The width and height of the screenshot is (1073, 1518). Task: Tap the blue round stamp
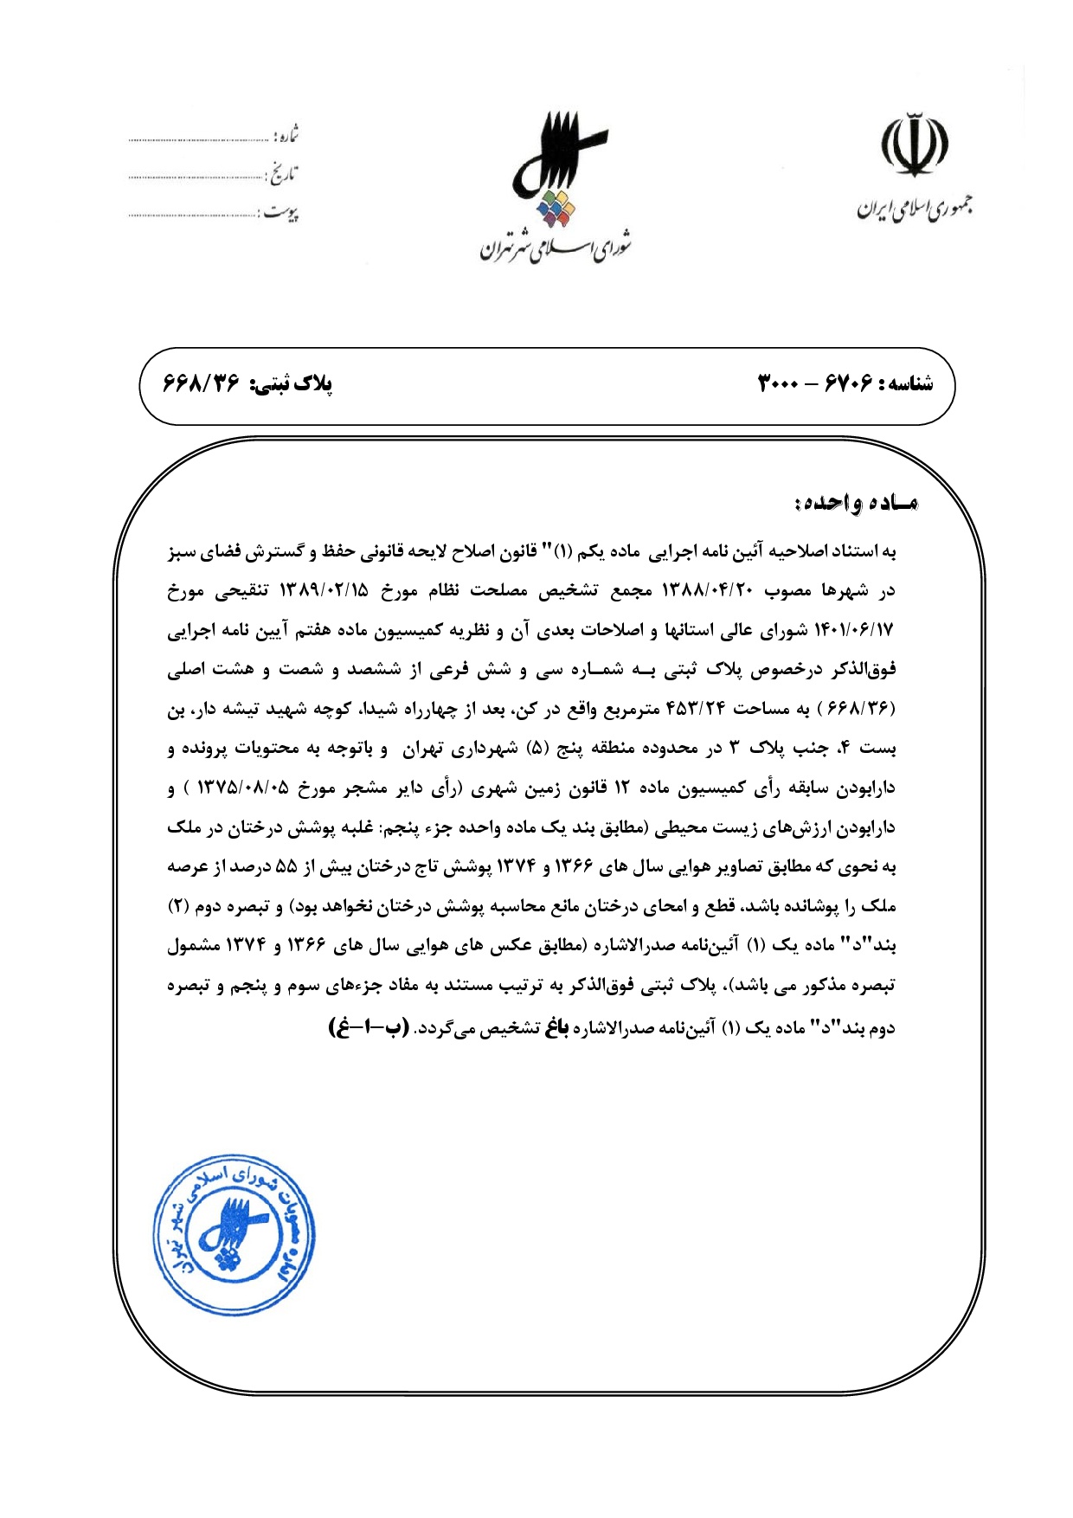click(235, 1235)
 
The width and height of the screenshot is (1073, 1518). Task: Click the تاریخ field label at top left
click(280, 174)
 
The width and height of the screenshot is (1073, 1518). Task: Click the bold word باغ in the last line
click(555, 1027)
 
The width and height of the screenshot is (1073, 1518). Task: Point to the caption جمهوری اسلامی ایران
click(914, 209)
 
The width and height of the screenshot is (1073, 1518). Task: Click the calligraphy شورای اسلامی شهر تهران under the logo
click(556, 247)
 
